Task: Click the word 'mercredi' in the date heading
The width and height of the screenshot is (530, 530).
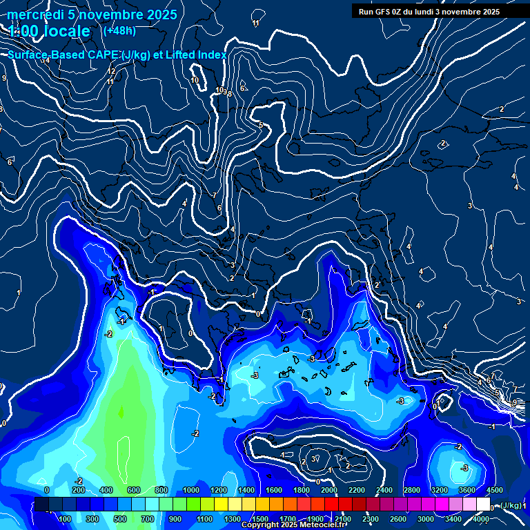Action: pyautogui.click(x=35, y=14)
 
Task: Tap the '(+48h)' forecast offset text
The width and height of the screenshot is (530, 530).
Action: pyautogui.click(x=119, y=30)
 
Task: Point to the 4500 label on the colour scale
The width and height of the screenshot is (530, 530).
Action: pyautogui.click(x=494, y=490)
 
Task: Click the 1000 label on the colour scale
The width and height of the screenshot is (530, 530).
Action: pyautogui.click(x=190, y=490)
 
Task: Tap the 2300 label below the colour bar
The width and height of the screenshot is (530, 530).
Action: pyautogui.click(x=370, y=519)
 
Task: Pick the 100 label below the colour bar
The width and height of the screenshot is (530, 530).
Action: pyautogui.click(x=65, y=519)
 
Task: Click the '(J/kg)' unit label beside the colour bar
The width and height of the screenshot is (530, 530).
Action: pyautogui.click(x=510, y=506)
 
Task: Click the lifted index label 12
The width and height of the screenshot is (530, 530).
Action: pyautogui.click(x=111, y=71)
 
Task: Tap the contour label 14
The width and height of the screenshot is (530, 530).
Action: pyautogui.click(x=46, y=61)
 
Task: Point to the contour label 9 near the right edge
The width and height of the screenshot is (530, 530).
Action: pyautogui.click(x=514, y=402)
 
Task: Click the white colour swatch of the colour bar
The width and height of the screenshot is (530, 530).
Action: pyautogui.click(x=483, y=504)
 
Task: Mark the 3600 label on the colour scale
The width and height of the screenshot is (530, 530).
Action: pyautogui.click(x=467, y=490)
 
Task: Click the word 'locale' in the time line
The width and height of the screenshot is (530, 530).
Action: pyautogui.click(x=67, y=32)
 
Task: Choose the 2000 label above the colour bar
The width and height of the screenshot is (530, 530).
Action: pyautogui.click(x=328, y=490)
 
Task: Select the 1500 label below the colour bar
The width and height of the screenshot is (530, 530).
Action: pyautogui.click(x=259, y=519)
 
